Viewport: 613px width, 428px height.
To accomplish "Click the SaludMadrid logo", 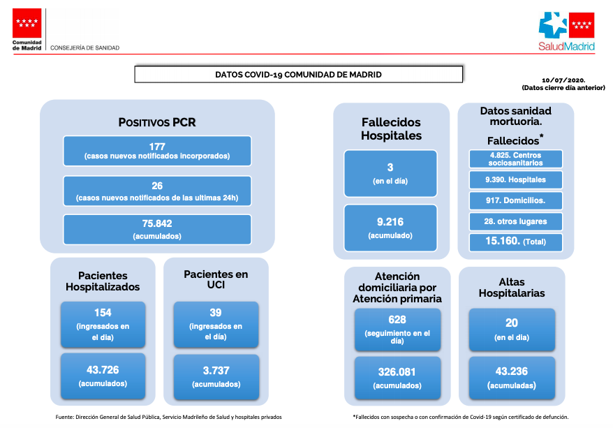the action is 566,31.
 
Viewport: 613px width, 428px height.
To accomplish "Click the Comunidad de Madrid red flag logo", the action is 27,23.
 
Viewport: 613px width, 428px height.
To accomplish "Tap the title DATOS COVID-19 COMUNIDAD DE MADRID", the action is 298,75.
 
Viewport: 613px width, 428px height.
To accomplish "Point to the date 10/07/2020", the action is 563,80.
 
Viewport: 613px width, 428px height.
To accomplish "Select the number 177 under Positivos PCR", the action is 157,147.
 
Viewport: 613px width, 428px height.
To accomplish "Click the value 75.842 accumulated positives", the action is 157,223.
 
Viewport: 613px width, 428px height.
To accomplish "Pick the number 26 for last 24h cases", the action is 157,186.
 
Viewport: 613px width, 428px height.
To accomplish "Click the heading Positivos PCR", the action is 157,122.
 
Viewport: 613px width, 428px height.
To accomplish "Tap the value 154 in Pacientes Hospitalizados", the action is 103,313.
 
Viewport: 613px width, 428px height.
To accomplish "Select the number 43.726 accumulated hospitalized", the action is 103,370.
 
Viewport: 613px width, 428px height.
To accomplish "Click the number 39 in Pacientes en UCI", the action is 216,313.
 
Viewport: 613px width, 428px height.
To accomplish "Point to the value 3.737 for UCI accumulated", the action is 216,371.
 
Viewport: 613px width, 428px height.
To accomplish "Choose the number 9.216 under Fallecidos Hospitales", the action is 390,222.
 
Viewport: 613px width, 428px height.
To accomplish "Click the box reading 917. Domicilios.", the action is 516,200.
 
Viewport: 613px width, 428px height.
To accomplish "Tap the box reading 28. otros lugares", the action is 516,221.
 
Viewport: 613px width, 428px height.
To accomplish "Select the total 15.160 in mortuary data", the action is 503,241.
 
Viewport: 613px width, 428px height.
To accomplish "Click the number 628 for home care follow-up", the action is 397,320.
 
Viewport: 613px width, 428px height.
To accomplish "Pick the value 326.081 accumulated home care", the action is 397,372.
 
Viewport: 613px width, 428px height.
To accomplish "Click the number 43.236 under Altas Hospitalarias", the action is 512,371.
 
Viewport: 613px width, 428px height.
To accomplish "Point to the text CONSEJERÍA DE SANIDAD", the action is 85,47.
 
